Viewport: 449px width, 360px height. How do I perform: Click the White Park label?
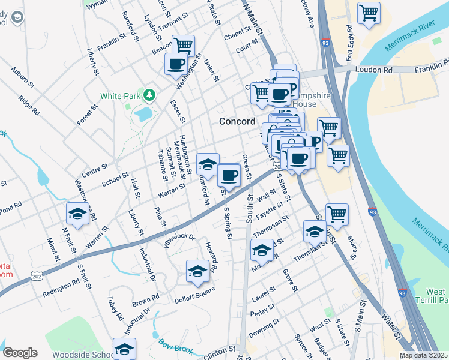point(120,95)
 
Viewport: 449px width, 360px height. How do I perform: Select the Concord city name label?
point(237,121)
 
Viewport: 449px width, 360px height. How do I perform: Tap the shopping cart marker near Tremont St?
point(183,46)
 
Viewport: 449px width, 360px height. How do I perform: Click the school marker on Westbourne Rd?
point(77,214)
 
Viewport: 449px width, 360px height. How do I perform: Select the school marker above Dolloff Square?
point(197,271)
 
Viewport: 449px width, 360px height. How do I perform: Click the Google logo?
point(20,353)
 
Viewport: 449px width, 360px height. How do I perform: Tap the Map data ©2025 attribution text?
point(423,355)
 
